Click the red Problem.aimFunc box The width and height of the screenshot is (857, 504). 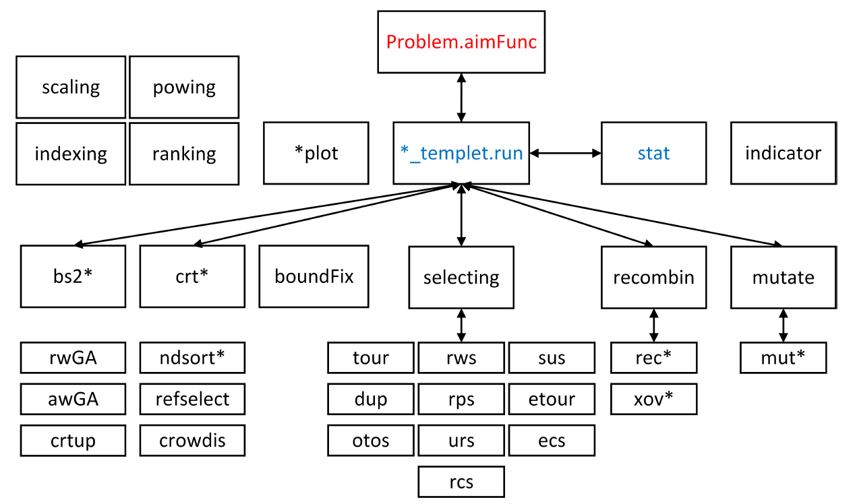(x=461, y=42)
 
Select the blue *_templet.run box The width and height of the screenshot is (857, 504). (x=461, y=153)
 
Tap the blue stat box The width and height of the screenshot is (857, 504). (x=653, y=153)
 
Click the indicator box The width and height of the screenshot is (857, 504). (x=783, y=153)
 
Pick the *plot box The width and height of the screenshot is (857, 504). (x=316, y=153)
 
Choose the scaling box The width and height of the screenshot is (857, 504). (x=71, y=87)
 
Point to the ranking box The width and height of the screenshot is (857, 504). (x=184, y=154)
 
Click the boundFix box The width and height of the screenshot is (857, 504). (x=314, y=276)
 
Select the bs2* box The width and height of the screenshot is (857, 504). (x=73, y=276)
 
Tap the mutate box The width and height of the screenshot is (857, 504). (x=783, y=276)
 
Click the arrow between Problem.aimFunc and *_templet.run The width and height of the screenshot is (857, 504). (x=461, y=98)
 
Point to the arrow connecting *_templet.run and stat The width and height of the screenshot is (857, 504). (x=565, y=153)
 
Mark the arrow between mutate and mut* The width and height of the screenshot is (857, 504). (x=783, y=325)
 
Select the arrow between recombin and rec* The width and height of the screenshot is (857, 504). (x=653, y=325)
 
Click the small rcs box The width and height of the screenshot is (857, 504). (x=461, y=482)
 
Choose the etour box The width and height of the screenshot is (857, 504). (x=552, y=399)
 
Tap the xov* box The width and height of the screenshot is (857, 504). (x=653, y=399)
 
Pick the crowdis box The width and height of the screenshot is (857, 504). (x=192, y=440)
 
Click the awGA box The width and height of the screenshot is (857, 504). (x=73, y=399)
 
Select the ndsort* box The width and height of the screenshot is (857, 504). (x=192, y=357)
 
